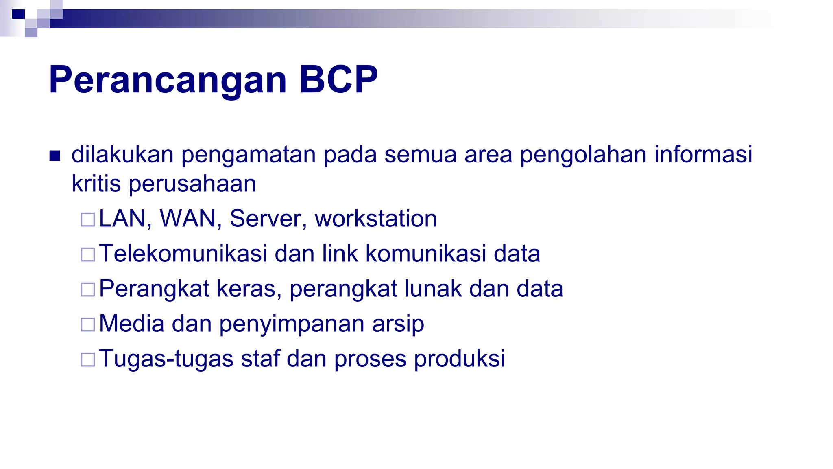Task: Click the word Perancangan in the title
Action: (168, 80)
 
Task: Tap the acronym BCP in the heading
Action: (338, 80)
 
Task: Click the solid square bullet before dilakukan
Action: (55, 156)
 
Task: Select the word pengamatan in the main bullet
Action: (248, 155)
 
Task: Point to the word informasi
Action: (703, 154)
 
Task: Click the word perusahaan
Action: (192, 184)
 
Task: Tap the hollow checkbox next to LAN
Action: (88, 219)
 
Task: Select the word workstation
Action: (376, 219)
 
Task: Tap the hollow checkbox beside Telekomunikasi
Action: (88, 254)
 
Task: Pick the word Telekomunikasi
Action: (183, 254)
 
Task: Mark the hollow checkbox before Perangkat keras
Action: (88, 289)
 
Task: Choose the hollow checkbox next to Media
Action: (88, 324)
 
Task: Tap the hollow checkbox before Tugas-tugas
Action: (88, 359)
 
